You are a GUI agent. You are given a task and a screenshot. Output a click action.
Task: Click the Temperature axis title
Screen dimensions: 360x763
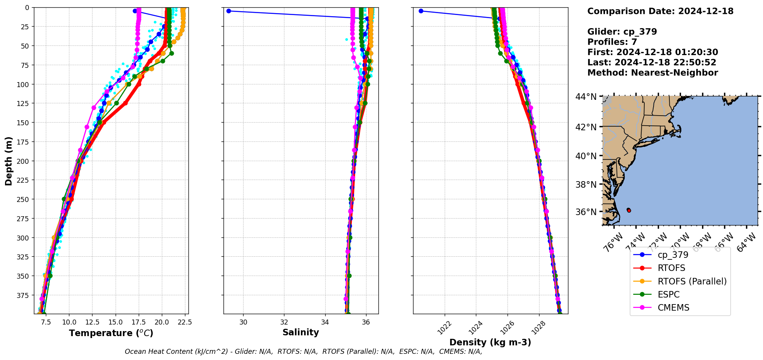click(111, 333)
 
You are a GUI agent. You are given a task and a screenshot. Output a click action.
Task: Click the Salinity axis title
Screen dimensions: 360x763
click(301, 333)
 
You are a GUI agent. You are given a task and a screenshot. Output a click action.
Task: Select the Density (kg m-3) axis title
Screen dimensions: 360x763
click(490, 342)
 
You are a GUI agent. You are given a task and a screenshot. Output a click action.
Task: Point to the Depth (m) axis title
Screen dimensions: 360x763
click(8, 161)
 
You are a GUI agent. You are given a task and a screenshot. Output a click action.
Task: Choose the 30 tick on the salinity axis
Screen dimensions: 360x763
click(244, 322)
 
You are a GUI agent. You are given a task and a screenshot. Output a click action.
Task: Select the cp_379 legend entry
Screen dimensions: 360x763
click(673, 255)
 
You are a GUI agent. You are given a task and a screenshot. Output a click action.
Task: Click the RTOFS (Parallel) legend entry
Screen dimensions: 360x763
click(692, 281)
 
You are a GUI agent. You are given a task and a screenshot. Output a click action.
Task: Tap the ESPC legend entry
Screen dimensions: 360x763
click(669, 294)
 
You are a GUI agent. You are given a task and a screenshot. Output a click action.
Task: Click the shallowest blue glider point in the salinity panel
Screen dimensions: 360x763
click(229, 11)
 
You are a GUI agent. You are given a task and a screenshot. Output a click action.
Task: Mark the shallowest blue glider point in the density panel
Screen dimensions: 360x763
click(421, 11)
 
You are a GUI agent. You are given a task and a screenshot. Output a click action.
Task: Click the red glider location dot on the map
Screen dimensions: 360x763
click(629, 210)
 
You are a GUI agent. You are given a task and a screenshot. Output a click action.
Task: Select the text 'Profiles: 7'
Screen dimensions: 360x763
click(612, 42)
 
